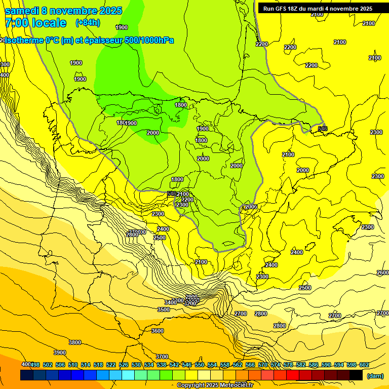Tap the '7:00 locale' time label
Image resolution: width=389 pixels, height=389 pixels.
pyautogui.click(x=35, y=23)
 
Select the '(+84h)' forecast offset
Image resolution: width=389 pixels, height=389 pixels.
pyautogui.click(x=88, y=23)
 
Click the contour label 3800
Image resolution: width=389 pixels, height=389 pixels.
pyautogui.click(x=75, y=342)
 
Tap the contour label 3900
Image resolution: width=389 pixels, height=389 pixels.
pyautogui.click(x=60, y=353)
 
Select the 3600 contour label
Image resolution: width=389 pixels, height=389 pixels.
pyautogui.click(x=158, y=331)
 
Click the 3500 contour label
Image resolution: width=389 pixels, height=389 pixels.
pyautogui.click(x=164, y=309)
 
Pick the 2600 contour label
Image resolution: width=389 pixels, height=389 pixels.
pyautogui.click(x=383, y=273)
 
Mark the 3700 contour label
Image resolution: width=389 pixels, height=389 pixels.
pyautogui.click(x=162, y=357)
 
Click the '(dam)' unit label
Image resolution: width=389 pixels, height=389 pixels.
pyautogui.click(x=375, y=375)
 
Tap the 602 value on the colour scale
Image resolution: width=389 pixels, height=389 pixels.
pyautogui.click(x=364, y=365)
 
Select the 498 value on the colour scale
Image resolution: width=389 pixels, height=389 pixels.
pyautogui.click(x=35, y=365)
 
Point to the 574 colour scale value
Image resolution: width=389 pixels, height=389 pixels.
pyautogui.click(x=276, y=365)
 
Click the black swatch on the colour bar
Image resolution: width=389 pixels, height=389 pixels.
pyautogui.click(x=356, y=375)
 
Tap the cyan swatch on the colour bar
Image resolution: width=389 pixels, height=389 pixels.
pyautogui.click(x=128, y=375)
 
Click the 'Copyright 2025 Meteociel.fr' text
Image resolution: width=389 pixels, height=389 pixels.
pyautogui.click(x=215, y=385)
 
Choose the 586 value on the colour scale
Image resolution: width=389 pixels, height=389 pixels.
pyautogui.click(x=314, y=365)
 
